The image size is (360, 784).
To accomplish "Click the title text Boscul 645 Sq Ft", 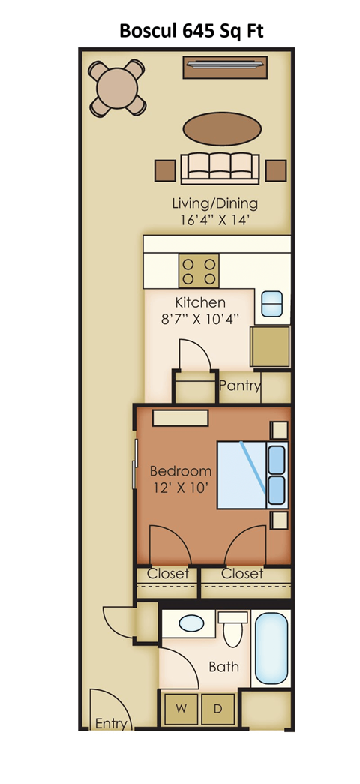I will (193, 31).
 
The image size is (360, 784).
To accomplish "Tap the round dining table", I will (116, 88).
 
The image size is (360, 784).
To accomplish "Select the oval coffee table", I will (223, 128).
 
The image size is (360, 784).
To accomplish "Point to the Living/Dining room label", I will (214, 203).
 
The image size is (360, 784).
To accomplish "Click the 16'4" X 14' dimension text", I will (214, 221).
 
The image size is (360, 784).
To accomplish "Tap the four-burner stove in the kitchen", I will (199, 270).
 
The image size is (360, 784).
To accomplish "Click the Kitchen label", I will (199, 302).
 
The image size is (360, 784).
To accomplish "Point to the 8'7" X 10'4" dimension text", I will (199, 320).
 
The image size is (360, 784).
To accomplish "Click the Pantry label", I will (240, 386).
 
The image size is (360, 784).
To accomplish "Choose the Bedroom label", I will (180, 471).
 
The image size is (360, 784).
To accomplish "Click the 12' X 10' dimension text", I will (180, 488).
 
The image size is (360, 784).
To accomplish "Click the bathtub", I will (270, 646).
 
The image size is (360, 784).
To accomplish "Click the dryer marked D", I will (218, 708).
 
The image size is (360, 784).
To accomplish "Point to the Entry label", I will (110, 724).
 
